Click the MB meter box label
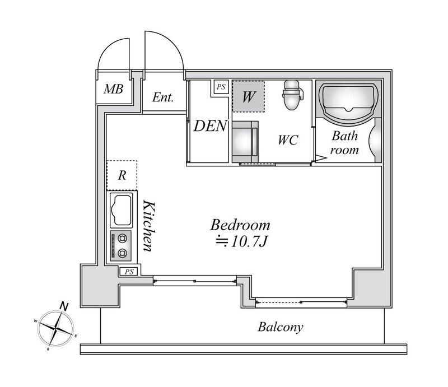pos(114,89)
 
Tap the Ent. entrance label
pos(163,97)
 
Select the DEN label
pos(211,126)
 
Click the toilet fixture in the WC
pos(292,95)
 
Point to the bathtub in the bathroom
pos(348,102)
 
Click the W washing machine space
pos(248,96)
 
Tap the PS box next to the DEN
pos(221,87)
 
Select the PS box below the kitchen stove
pos(129,272)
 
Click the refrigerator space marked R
pos(122,175)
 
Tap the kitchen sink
pos(122,210)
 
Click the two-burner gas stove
pos(121,246)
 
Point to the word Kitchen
pos(149,226)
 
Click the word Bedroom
pos(240,225)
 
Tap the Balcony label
pos(281,327)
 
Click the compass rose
pos(55,329)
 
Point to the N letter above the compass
pos(64,306)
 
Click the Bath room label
pos(344,143)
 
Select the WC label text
pos(288,140)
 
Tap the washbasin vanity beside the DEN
pos(245,142)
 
